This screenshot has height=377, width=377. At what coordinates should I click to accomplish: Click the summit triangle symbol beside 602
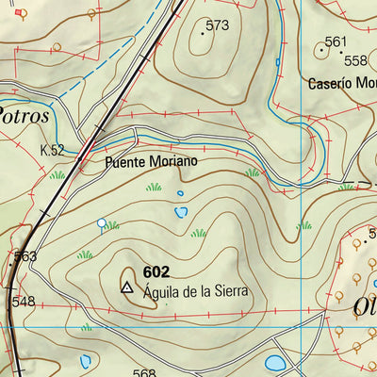pyautogui.click(x=127, y=284)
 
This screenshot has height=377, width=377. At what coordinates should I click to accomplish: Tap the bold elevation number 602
pyautogui.click(x=157, y=271)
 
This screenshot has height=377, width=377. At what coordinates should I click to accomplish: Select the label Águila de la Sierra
pyautogui.click(x=195, y=291)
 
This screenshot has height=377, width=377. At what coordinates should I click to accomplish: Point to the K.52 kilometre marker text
pyautogui.click(x=52, y=150)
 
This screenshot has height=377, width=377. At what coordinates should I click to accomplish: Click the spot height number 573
pyautogui.click(x=217, y=25)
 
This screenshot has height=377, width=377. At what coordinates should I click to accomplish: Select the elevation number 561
pyautogui.click(x=336, y=41)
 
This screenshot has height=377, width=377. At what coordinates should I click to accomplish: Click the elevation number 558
pyautogui.click(x=355, y=60)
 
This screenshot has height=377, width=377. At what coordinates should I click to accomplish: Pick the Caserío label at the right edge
pyautogui.click(x=341, y=83)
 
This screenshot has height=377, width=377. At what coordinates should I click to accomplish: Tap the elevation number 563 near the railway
pyautogui.click(x=25, y=255)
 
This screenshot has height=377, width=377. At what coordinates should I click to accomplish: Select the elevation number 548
pyautogui.click(x=24, y=302)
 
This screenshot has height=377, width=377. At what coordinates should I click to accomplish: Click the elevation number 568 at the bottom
pyautogui.click(x=143, y=372)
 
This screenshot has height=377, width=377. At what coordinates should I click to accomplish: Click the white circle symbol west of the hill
pyautogui.click(x=101, y=223)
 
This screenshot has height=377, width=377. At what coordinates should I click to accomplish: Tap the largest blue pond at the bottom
pyautogui.click(x=275, y=363)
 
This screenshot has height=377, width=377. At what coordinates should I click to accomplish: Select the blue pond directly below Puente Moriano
pyautogui.click(x=180, y=212)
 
